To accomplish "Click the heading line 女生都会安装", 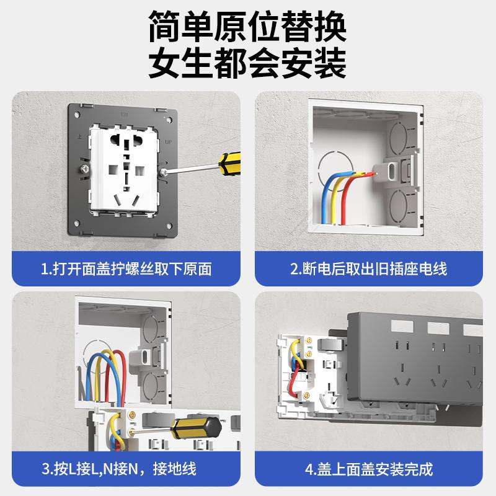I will click(247, 64).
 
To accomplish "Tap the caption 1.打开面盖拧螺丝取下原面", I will click(126, 269).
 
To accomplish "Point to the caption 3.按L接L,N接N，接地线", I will click(126, 467).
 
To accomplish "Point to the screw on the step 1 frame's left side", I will click(82, 167).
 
